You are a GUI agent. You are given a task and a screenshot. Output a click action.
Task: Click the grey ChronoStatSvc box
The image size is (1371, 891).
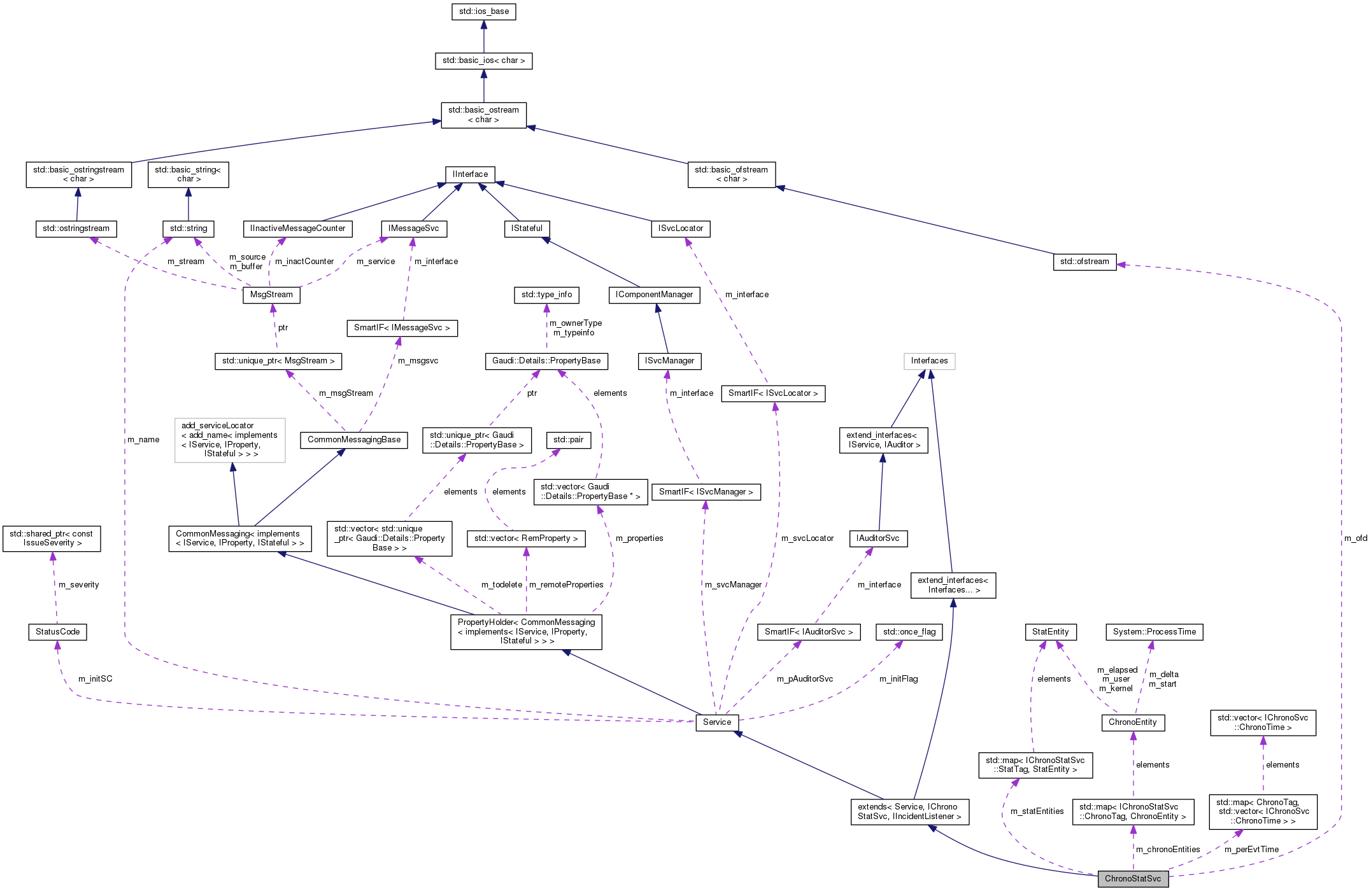[x=1132, y=879]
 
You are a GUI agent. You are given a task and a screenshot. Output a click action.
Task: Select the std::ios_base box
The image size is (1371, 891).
[x=483, y=11]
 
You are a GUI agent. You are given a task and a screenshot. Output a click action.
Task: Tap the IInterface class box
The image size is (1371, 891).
[x=470, y=174]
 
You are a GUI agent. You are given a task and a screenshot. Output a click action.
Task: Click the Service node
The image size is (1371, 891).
[x=717, y=722]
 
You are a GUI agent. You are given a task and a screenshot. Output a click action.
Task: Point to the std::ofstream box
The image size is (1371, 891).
[x=1084, y=262]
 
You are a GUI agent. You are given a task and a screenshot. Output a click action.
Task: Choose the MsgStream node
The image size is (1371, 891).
[x=271, y=295]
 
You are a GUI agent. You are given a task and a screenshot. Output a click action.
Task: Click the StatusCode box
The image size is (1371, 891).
[x=57, y=632]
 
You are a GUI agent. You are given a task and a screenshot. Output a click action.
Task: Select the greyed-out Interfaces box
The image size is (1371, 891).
[x=929, y=361]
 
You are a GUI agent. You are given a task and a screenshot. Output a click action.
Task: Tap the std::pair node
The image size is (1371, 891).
[x=568, y=440]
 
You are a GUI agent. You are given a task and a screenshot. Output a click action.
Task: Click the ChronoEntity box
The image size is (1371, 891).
[x=1132, y=722]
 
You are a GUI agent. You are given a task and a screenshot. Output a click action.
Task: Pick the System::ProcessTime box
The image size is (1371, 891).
[x=1154, y=632]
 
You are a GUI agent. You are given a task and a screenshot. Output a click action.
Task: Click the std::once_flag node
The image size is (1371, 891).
[x=909, y=632]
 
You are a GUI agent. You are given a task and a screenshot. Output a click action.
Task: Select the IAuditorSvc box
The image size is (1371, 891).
[x=877, y=538]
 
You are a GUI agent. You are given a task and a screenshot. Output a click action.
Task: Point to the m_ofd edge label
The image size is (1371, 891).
[x=1355, y=538]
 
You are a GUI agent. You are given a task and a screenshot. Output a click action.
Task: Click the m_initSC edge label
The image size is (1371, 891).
[x=95, y=679]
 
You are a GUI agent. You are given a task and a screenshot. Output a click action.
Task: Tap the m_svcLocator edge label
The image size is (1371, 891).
[x=807, y=538]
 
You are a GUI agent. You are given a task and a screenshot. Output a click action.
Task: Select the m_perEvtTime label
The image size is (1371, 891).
[x=1251, y=850]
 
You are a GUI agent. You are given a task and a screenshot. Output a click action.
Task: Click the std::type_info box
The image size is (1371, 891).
[x=546, y=295]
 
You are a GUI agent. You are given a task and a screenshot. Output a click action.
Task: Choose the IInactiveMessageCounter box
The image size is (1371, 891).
[x=297, y=228]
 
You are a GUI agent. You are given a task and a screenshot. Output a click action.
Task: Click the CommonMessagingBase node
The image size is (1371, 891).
[x=354, y=440]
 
